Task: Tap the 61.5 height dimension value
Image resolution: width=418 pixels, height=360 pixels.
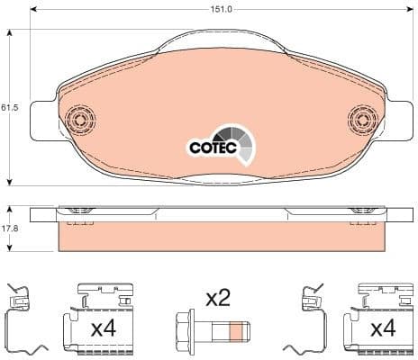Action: pos(9,108)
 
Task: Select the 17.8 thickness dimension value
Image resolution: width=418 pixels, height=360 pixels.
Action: pos(9,229)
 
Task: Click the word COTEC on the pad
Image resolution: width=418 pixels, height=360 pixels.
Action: pos(211,146)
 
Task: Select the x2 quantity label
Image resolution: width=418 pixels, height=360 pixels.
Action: pos(218,297)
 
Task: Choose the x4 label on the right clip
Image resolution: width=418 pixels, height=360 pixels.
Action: pos(383,328)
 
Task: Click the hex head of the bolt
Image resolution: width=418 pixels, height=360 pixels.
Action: pos(183,330)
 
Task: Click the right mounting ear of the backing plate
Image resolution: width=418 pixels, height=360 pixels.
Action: pos(401,121)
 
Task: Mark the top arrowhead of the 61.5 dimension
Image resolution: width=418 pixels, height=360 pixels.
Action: pos(10,33)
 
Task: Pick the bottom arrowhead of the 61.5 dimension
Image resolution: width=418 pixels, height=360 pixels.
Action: pos(10,180)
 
